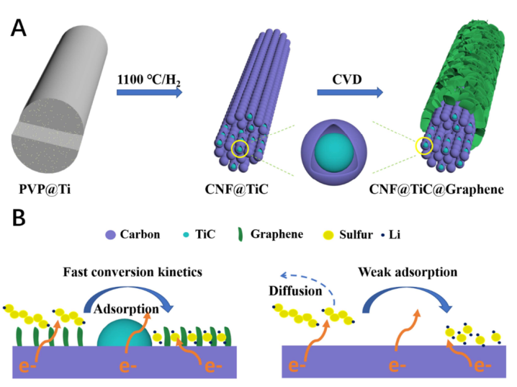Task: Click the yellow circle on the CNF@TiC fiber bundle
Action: pos(241,149)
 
